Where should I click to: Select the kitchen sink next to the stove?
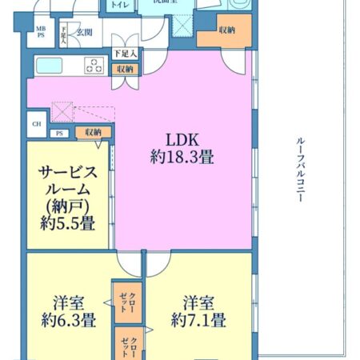point(50,65)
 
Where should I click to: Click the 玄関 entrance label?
point(84,32)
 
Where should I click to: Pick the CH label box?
point(36,123)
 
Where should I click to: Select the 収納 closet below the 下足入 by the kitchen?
point(124,70)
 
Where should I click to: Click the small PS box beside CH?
point(59,134)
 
